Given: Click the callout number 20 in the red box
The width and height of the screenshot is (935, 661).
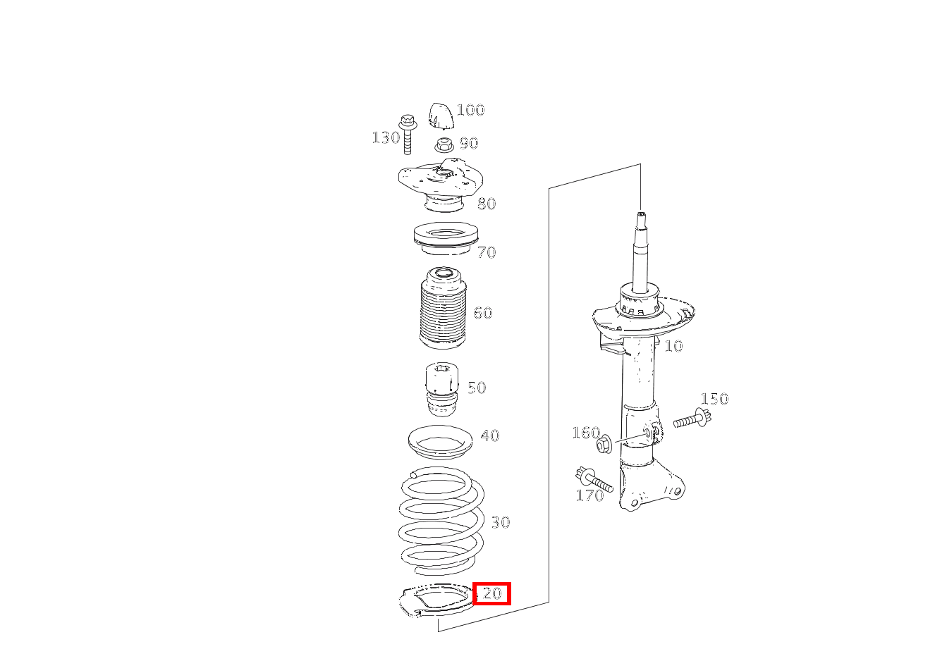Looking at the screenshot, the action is tap(492, 593).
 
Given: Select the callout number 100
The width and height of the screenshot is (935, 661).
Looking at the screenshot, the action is tap(470, 110).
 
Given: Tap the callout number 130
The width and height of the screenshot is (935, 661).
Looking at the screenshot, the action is tap(386, 137).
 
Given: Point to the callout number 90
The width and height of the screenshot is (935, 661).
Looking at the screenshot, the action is tap(469, 143).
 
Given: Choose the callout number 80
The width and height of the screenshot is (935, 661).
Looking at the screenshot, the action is tap(487, 204).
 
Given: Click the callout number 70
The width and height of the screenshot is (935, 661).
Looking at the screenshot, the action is tap(487, 252).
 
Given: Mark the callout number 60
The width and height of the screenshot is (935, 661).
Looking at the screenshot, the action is tap(483, 313).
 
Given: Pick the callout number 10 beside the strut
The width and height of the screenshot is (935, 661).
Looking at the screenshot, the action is tap(673, 346).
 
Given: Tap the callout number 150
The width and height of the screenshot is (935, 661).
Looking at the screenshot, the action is tap(714, 399).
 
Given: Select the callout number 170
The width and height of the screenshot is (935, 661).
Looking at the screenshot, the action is tap(589, 495).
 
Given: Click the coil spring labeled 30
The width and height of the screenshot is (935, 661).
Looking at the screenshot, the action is tap(441, 521).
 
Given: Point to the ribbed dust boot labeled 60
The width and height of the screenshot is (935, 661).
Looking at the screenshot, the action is tap(442, 308).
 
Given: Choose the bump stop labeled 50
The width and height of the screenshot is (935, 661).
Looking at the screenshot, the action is tap(441, 389).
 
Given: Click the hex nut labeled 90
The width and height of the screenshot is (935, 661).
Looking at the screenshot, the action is tap(444, 146).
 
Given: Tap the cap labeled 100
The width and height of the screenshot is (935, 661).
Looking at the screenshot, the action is tap(441, 116).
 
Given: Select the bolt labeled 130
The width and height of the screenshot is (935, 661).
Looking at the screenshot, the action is tap(408, 135).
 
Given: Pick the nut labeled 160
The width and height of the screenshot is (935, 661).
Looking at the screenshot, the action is tap(604, 445).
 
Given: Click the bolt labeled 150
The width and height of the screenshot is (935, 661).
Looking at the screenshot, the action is tap(692, 419).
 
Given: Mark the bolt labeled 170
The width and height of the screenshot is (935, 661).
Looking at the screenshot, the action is tap(594, 480).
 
